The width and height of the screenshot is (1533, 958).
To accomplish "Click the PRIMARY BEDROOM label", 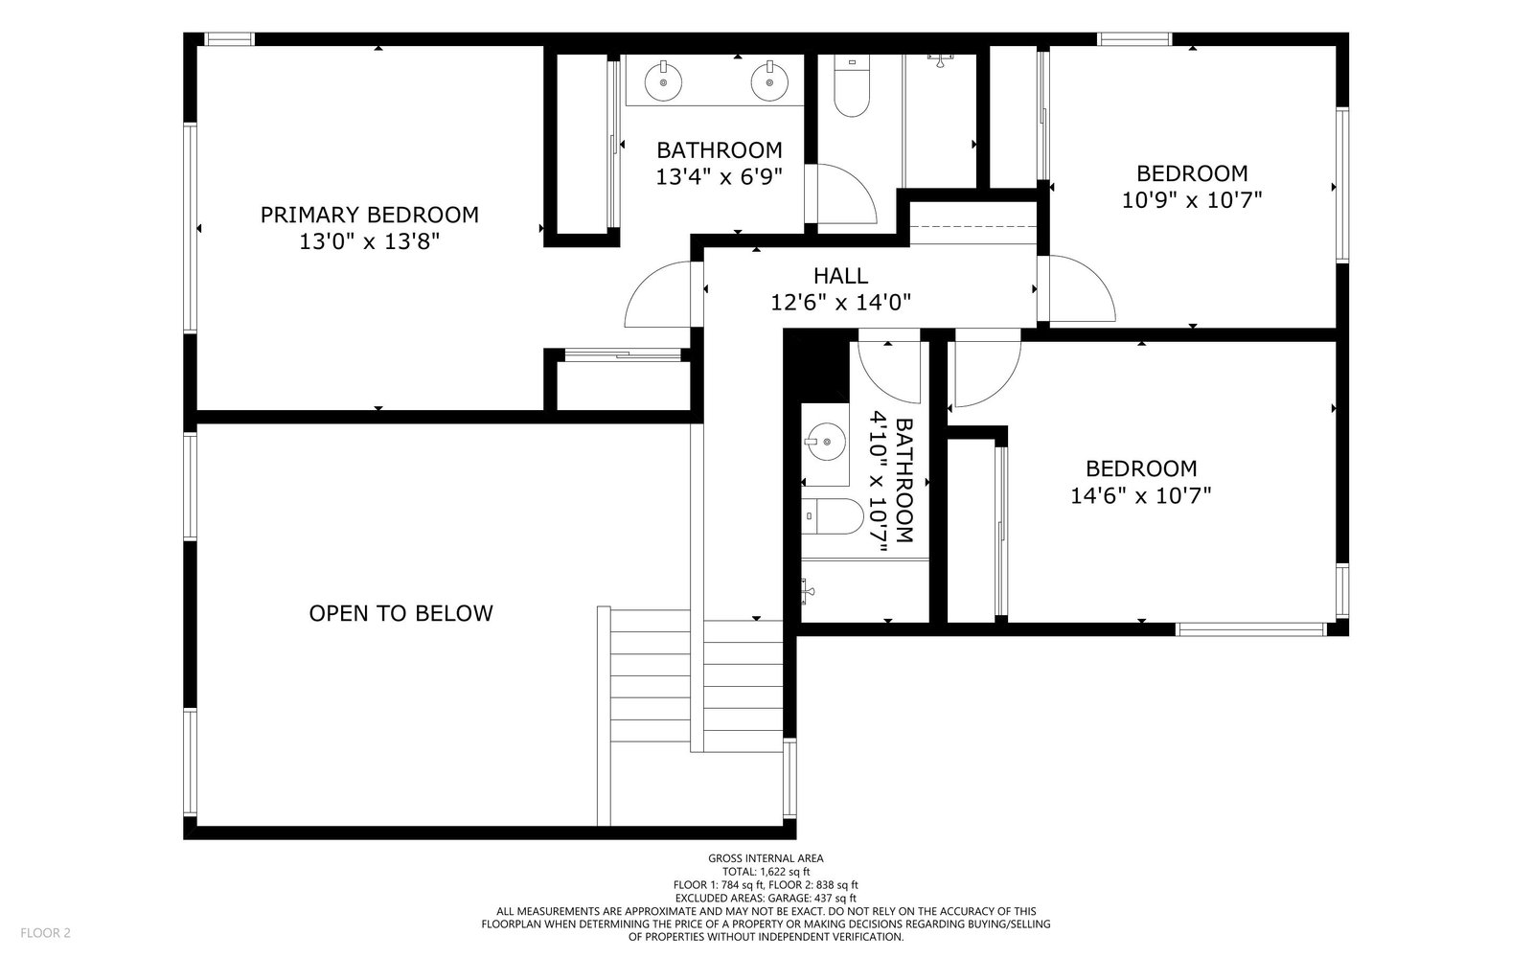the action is point(370,215).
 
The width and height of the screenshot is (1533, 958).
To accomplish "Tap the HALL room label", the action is point(840,276).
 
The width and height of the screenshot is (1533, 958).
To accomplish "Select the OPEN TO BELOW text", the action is point(401,613).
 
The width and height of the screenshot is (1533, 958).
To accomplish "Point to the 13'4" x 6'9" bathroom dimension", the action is point(719,176).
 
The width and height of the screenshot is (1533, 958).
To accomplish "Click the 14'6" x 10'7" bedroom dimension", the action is point(1141,494).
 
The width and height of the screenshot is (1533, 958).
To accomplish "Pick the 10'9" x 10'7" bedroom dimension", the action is point(1192,200).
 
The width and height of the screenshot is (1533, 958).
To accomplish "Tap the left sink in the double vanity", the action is point(663,81).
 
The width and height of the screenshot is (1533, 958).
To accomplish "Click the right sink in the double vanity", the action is point(769,81).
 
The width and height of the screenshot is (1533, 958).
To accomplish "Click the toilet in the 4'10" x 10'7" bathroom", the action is point(833,516).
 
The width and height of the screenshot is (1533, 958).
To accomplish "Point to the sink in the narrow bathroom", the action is point(825,442).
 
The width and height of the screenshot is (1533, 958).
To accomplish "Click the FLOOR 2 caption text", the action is point(45,933).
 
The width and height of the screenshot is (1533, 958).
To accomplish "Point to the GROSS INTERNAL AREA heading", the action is point(766,858).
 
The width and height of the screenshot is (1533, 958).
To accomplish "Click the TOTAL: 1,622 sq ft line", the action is point(766,872).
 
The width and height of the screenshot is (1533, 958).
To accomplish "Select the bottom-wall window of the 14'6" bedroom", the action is point(1251,628).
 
